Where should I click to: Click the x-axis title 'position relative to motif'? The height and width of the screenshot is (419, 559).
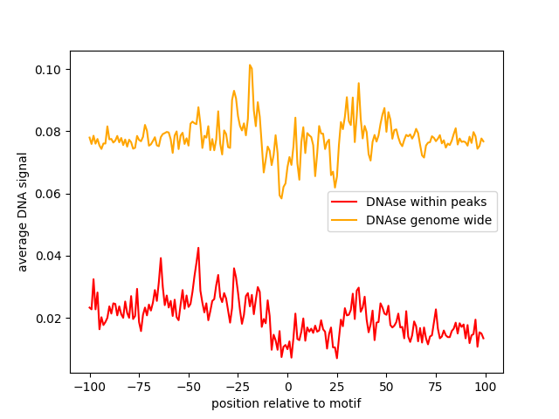point(286,403)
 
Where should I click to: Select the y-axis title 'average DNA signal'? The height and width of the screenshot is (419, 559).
point(24,211)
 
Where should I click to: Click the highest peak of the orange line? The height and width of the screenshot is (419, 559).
point(250,65)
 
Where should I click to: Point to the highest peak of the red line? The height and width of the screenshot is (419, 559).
point(198,248)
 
